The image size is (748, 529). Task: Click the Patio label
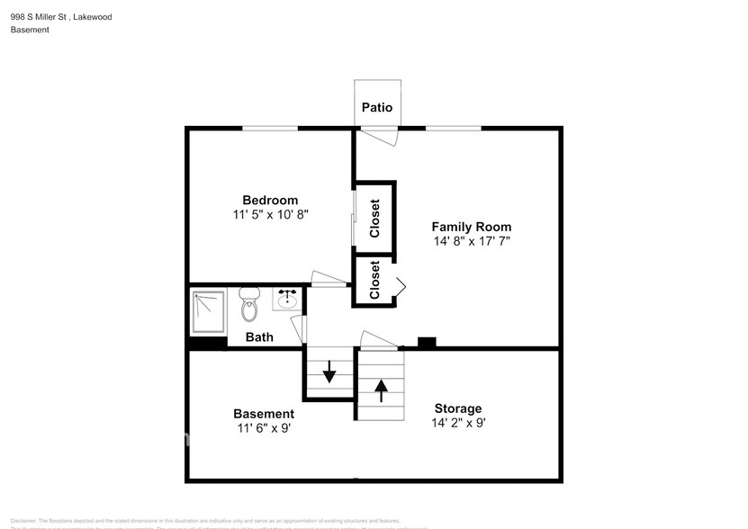(377, 108)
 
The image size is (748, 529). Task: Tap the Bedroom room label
(270, 200)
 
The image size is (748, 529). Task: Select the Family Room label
(472, 227)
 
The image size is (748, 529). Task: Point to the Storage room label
(458, 408)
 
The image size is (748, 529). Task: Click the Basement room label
(264, 414)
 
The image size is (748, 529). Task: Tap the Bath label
(260, 337)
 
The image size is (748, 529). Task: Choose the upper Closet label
(374, 219)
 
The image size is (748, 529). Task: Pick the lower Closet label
(374, 281)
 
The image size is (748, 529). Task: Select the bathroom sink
(287, 299)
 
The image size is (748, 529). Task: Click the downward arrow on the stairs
(329, 371)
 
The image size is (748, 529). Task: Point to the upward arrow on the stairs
(381, 390)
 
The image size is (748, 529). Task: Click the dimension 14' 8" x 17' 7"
(473, 241)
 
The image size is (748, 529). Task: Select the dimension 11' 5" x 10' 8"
(271, 214)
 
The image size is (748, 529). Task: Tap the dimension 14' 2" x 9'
(458, 423)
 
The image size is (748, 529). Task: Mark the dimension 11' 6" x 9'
(264, 428)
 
